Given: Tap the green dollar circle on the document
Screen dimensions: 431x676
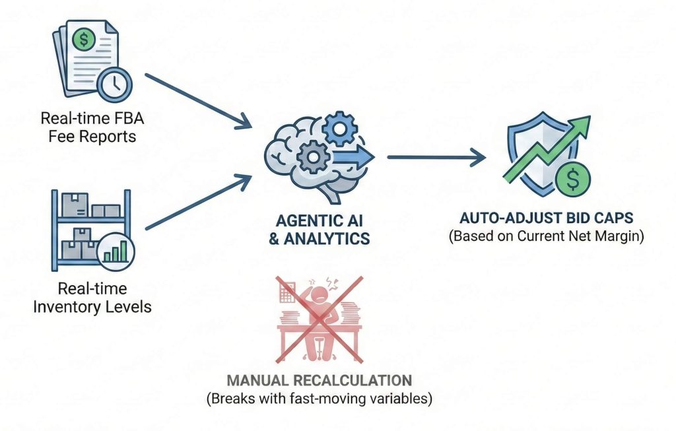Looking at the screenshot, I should [84, 40].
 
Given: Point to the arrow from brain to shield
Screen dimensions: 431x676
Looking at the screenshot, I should [436, 157].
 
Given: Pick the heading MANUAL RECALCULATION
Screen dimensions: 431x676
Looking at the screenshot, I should [320, 381].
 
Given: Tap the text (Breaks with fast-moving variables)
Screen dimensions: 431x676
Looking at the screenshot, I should [320, 399].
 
